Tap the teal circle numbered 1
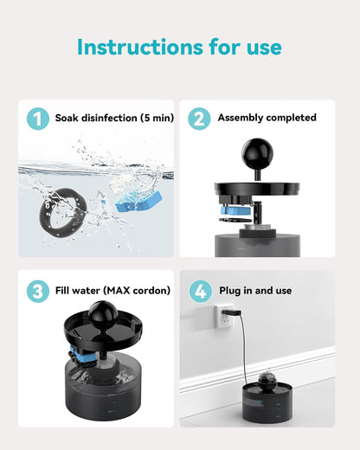pyautogui.click(x=37, y=119)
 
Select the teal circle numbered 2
pyautogui.click(x=200, y=119)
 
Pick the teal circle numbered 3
pyautogui.click(x=37, y=291)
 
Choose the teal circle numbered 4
pyautogui.click(x=200, y=291)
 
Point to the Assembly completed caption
pyautogui.click(x=267, y=118)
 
